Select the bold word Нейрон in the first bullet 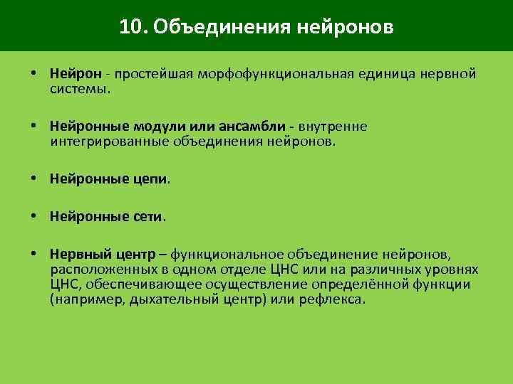click(73, 74)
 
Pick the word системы click(80, 90)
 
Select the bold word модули click(155, 127)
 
